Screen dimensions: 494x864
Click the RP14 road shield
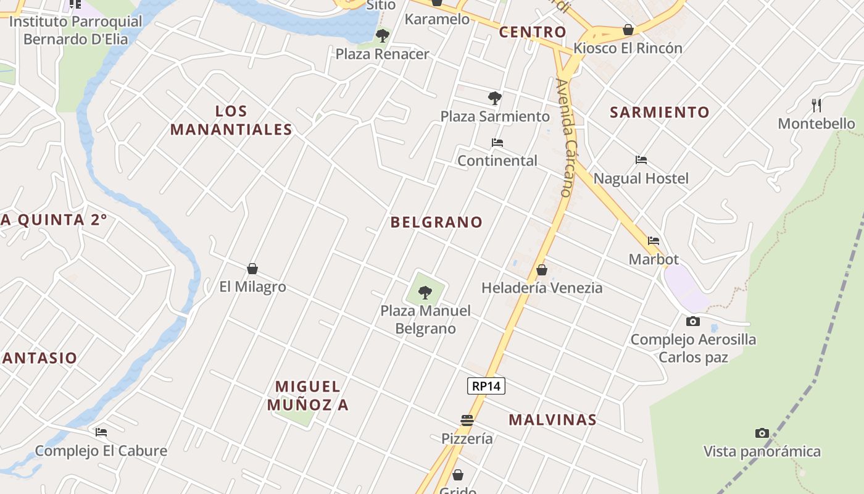(486, 387)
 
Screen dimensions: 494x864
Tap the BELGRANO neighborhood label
(436, 222)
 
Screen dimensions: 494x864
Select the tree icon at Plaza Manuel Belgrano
(425, 292)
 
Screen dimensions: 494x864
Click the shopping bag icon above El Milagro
(252, 269)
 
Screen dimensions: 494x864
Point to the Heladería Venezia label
(542, 288)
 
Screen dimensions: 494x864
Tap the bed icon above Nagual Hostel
(641, 160)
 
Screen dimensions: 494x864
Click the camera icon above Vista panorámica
(762, 433)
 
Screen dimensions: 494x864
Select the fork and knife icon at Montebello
(816, 105)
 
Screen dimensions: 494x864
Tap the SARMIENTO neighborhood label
(660, 112)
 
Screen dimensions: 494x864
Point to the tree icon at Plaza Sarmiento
(494, 98)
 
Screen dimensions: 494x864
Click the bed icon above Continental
(497, 143)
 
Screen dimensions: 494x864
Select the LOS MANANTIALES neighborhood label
(231, 120)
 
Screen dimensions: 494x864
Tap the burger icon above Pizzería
(467, 421)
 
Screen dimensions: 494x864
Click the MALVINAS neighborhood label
(552, 420)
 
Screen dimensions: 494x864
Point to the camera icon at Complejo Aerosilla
(693, 321)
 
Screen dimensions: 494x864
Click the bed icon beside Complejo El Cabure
(101, 432)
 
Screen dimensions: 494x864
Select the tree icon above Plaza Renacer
(383, 35)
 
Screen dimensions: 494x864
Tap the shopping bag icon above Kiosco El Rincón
(628, 30)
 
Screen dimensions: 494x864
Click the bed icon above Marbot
(654, 241)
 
